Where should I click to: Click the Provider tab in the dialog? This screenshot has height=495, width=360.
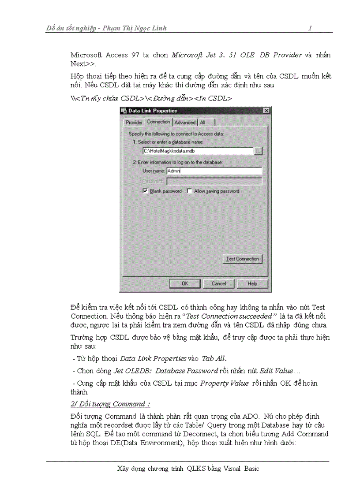pos(134,122)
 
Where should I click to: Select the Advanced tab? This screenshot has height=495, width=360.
pos(184,122)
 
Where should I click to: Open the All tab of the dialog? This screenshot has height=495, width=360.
pos(202,122)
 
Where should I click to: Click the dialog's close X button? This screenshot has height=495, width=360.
pos(266,110)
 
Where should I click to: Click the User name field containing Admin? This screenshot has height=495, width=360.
pos(214,171)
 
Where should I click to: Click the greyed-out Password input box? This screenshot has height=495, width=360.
pos(214,181)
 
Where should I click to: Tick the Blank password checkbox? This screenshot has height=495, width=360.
pos(145,191)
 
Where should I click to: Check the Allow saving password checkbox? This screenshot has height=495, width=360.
pos(189,191)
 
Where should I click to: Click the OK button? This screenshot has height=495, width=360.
pos(185,283)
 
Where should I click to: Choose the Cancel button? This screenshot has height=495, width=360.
pos(219,283)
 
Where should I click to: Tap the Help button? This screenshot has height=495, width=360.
pos(252,283)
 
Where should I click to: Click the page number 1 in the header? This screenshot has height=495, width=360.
pos(310,28)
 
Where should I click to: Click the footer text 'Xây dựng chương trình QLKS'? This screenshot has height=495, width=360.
pos(163,469)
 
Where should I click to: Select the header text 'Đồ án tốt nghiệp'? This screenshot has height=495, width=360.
pos(71,28)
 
